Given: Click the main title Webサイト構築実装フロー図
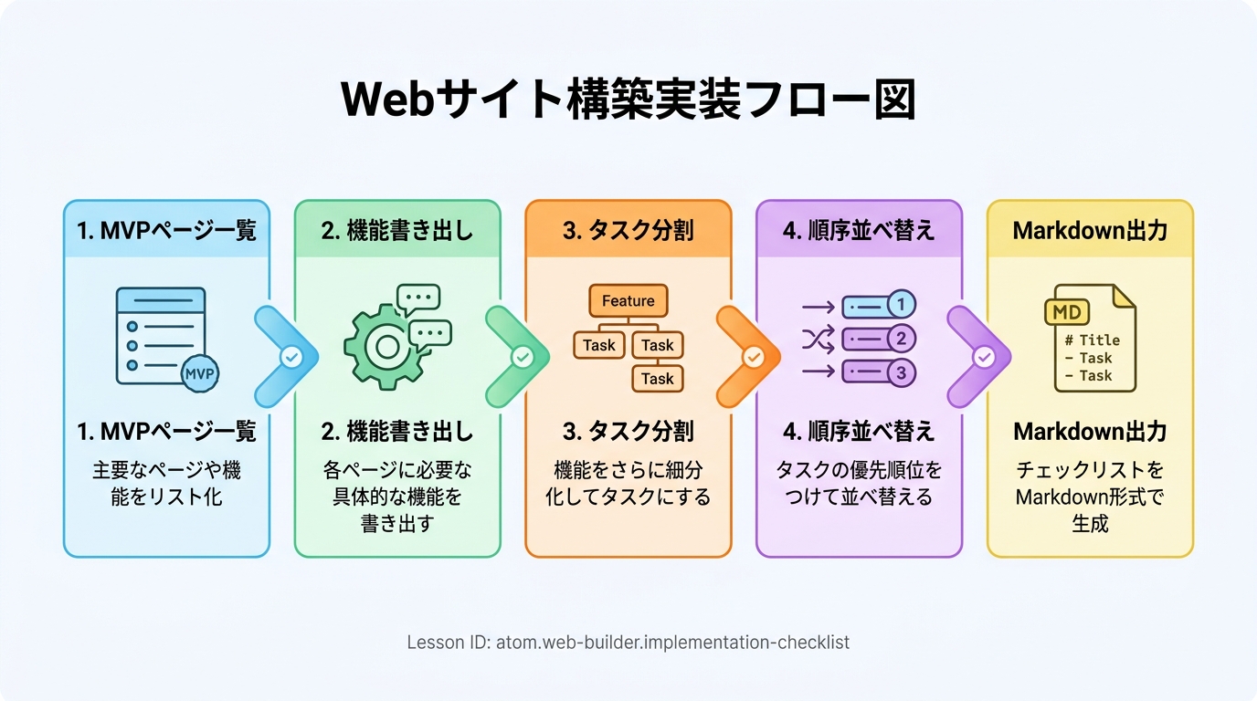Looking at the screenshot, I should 628,99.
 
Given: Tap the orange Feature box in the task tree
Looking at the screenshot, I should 628,301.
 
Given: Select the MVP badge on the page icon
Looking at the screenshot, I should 200,372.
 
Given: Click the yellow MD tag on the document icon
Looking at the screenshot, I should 1066,312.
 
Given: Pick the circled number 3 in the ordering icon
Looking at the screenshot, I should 901,372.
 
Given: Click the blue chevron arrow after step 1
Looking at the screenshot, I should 284,357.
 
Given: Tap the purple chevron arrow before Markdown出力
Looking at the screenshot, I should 977,357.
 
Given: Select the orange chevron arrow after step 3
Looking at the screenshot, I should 745,357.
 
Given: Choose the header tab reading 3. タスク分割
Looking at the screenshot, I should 628,230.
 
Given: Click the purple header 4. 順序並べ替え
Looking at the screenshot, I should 859,230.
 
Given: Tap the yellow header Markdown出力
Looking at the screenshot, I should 1090,230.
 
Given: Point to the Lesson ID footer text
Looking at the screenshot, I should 628,643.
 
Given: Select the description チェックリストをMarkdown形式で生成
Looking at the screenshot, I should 1090,497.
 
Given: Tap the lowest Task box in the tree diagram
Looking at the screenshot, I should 657,379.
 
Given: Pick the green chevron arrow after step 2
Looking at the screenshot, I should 515,357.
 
